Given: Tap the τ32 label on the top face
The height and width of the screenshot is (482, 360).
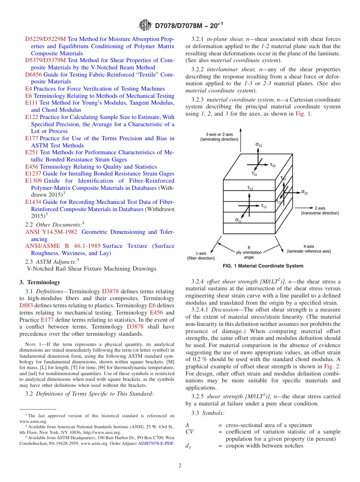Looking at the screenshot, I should (x=272, y=165).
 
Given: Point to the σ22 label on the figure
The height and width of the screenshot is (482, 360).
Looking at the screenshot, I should (x=304, y=192).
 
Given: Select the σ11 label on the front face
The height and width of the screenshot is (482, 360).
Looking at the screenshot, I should (x=238, y=220).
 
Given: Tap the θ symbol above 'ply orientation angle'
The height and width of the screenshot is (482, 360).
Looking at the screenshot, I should (x=249, y=247).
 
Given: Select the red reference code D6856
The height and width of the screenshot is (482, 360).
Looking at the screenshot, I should (x=33, y=75).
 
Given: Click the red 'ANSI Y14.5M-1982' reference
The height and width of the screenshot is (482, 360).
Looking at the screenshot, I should (x=51, y=232).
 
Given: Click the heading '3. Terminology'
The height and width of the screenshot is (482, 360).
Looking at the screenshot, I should (x=39, y=282).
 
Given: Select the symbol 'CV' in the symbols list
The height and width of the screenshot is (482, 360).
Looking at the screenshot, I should (x=189, y=432).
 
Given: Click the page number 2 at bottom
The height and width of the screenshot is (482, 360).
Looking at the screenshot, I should (x=180, y=466).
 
